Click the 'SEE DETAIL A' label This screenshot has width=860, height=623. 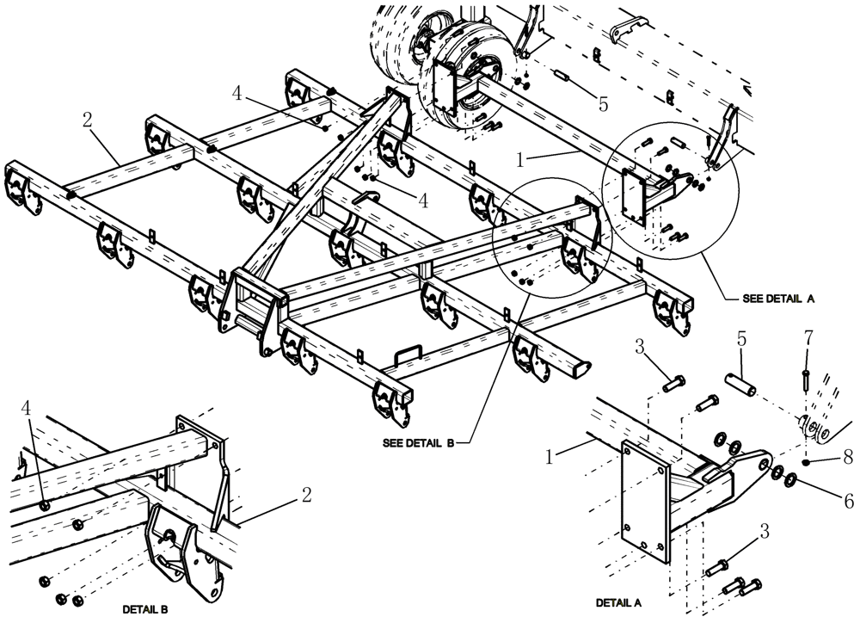(x=777, y=300)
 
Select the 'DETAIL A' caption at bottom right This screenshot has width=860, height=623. (x=618, y=602)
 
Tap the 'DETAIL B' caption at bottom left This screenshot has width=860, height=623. (x=144, y=608)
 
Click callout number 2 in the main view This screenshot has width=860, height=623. (x=87, y=120)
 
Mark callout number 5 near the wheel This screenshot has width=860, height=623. (x=602, y=104)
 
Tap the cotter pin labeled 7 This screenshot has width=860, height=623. (x=805, y=378)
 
